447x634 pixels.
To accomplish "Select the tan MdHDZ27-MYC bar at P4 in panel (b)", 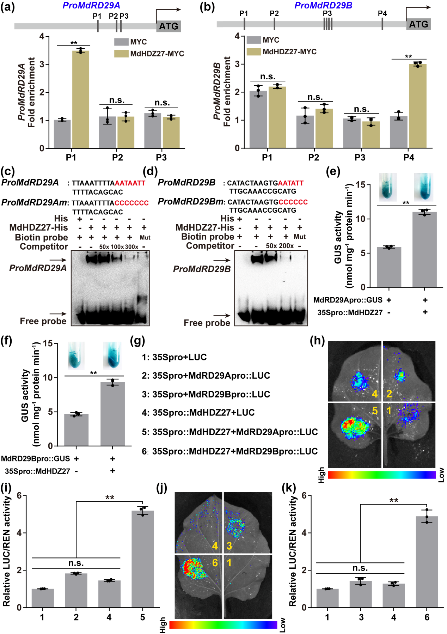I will coord(418,106).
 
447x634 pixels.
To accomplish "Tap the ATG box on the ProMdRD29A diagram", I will coord(169,26).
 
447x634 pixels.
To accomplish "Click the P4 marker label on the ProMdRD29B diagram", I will coord(382,13).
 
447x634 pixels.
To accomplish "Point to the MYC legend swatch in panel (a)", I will coord(121,42).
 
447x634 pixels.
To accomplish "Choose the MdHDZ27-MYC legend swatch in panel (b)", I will coord(253,52).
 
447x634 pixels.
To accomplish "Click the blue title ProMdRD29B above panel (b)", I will coord(323,5).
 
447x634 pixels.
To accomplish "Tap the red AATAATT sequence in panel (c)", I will coord(130,183).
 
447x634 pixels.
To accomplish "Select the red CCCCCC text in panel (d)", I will coord(293,202).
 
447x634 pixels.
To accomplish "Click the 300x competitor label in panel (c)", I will coord(131,247).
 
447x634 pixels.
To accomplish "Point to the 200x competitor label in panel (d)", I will coord(286,246).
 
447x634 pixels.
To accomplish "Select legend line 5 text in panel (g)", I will coord(230,432).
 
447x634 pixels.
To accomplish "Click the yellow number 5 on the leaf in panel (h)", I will coord(375,411).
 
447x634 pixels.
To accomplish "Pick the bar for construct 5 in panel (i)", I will coord(142,559).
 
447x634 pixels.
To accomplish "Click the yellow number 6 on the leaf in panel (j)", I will coord(215,563).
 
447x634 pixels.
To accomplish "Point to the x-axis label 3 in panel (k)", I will coord(361,617).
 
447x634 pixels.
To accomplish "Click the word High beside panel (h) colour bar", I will coord(322,475).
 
